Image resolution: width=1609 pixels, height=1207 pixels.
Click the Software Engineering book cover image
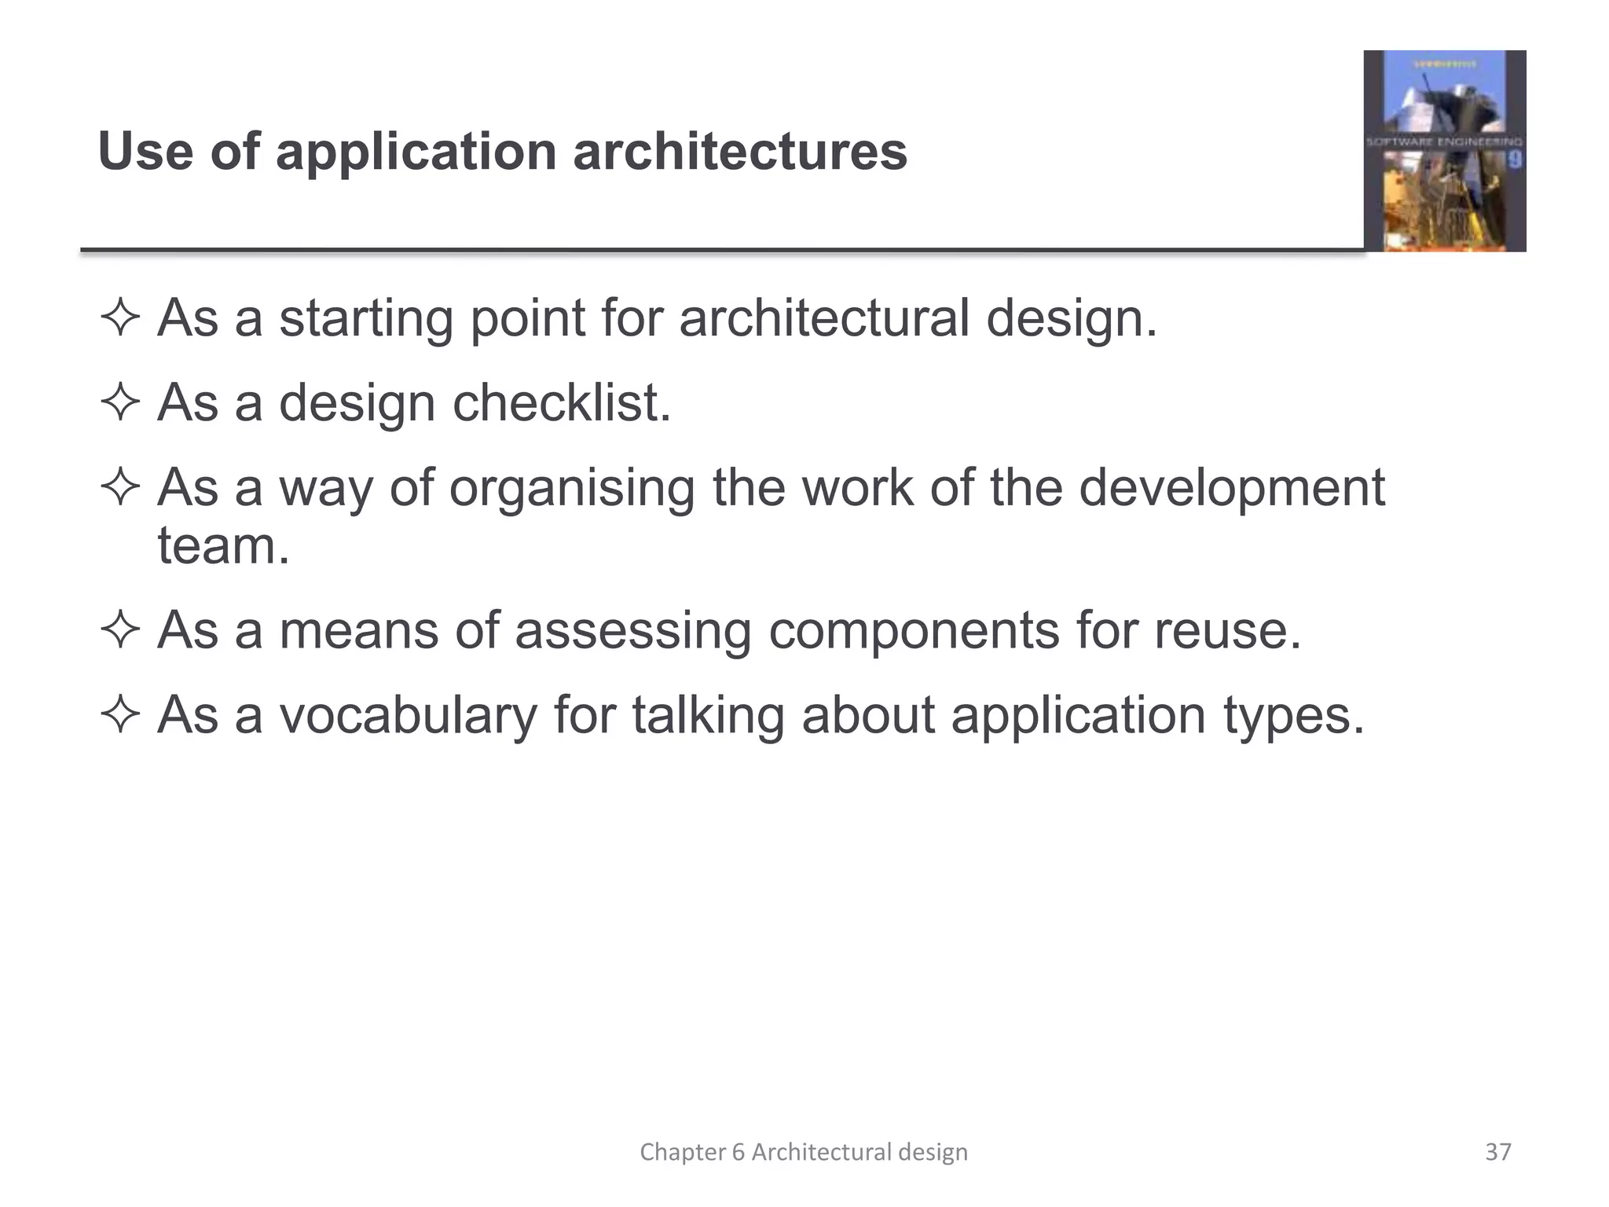[x=1444, y=151]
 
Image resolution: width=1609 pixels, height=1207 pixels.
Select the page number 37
[x=1498, y=1152]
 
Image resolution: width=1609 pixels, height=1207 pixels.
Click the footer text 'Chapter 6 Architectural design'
[x=804, y=1152]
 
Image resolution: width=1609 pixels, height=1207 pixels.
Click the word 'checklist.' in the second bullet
[x=561, y=403]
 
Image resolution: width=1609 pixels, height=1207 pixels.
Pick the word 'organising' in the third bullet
[x=572, y=489]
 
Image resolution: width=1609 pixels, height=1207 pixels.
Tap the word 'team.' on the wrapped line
[x=224, y=546]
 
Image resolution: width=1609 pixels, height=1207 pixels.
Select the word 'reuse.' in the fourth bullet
[x=1227, y=630]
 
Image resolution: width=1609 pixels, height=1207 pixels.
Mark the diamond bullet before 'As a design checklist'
[x=120, y=404]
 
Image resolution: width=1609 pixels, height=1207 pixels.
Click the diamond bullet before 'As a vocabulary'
[x=120, y=716]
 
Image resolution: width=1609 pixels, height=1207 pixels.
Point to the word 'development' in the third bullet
[x=1231, y=489]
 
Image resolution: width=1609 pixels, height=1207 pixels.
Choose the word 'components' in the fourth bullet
[x=914, y=630]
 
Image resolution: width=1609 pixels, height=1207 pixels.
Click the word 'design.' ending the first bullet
[x=1072, y=319]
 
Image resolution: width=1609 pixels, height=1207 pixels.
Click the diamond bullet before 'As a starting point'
[x=120, y=319]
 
